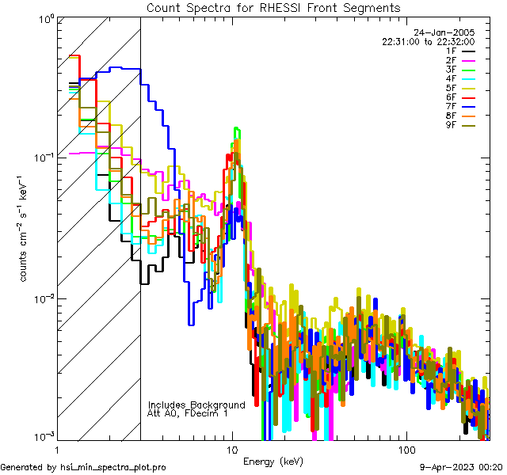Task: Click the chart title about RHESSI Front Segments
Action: pos(273,8)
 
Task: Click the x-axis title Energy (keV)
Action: pos(273,461)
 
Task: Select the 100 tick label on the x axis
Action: pos(406,449)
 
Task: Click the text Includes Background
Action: pos(196,405)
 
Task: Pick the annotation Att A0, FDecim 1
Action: pos(188,413)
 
